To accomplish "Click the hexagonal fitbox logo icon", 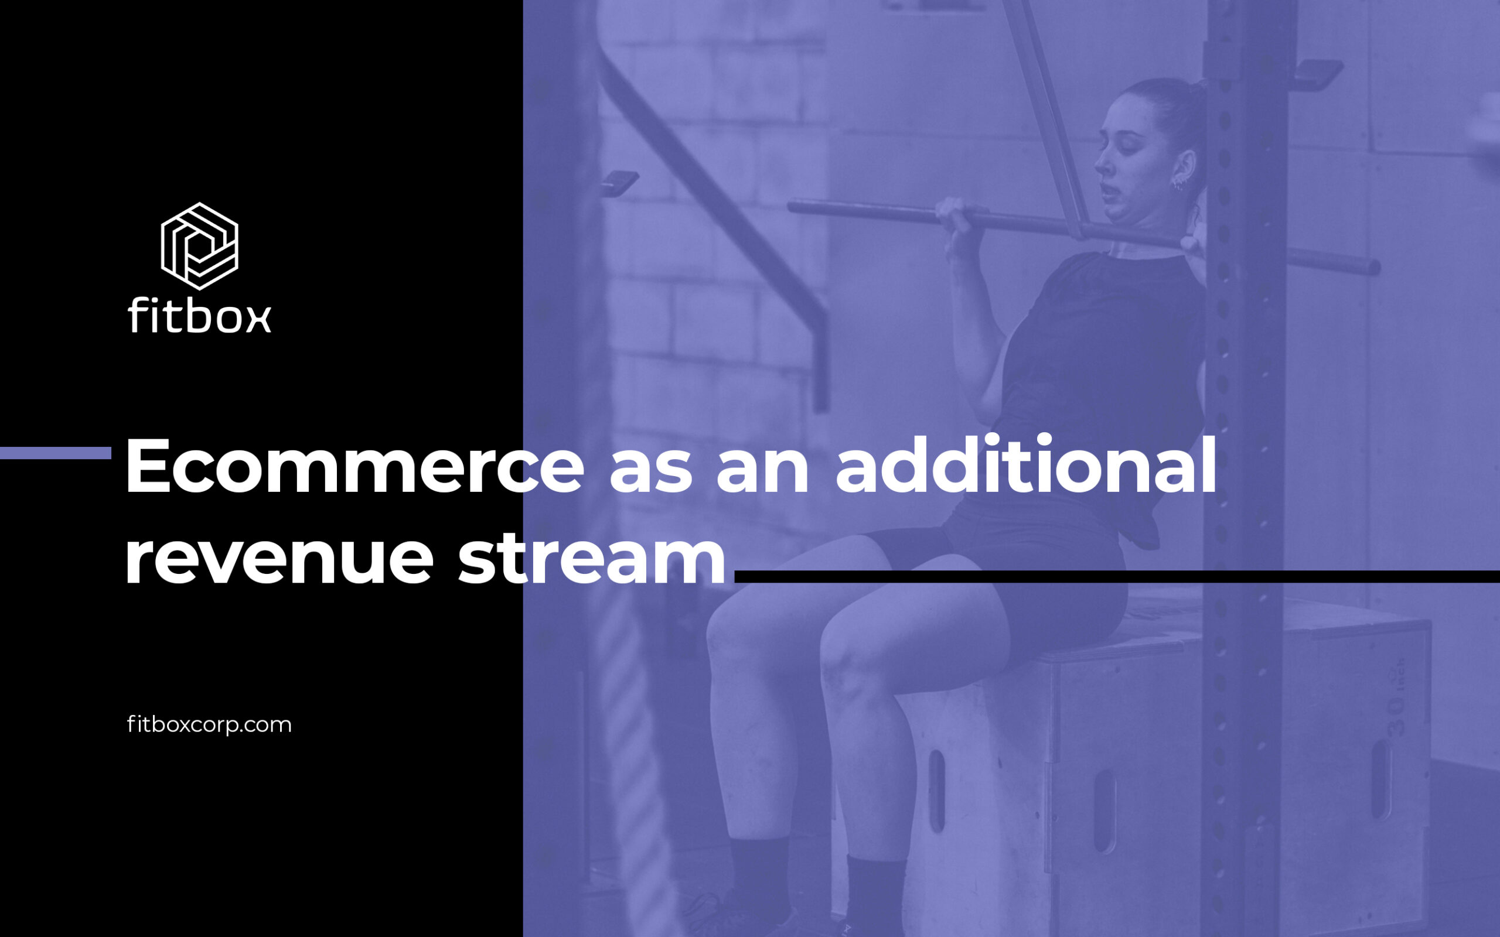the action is [200, 246].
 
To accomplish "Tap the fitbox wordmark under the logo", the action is [200, 315].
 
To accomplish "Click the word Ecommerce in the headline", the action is [354, 467].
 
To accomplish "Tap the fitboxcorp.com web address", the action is [209, 724].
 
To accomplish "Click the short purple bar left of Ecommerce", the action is [56, 453].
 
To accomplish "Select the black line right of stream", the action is [1117, 576].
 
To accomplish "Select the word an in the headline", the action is [763, 474].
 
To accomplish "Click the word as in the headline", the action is [651, 474].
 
